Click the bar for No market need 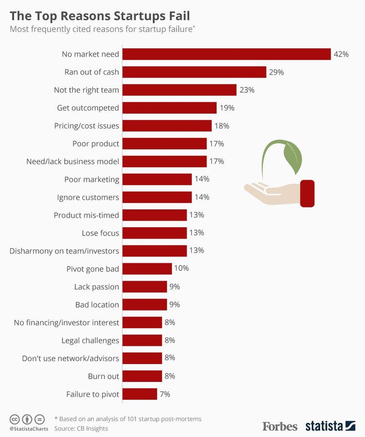pyautogui.click(x=226, y=54)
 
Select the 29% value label pyautogui.click(x=276, y=72)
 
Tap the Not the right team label pyautogui.click(x=87, y=90)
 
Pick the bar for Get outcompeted pyautogui.click(x=169, y=108)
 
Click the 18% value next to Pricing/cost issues pyautogui.click(x=222, y=126)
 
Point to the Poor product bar pyautogui.click(x=164, y=143)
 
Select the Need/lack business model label pyautogui.click(x=72, y=161)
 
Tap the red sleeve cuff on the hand pyautogui.click(x=307, y=193)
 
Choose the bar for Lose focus pyautogui.click(x=155, y=233)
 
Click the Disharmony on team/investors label pyautogui.click(x=64, y=251)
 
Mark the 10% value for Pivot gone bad pyautogui.click(x=182, y=268)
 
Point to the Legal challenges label pyautogui.click(x=90, y=340)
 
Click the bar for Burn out pyautogui.click(x=142, y=376)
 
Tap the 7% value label pyautogui.click(x=165, y=394)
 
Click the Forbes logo pyautogui.click(x=280, y=426)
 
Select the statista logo pyautogui.click(x=330, y=426)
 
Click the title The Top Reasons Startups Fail pyautogui.click(x=100, y=14)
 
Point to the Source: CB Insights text pyautogui.click(x=81, y=428)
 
